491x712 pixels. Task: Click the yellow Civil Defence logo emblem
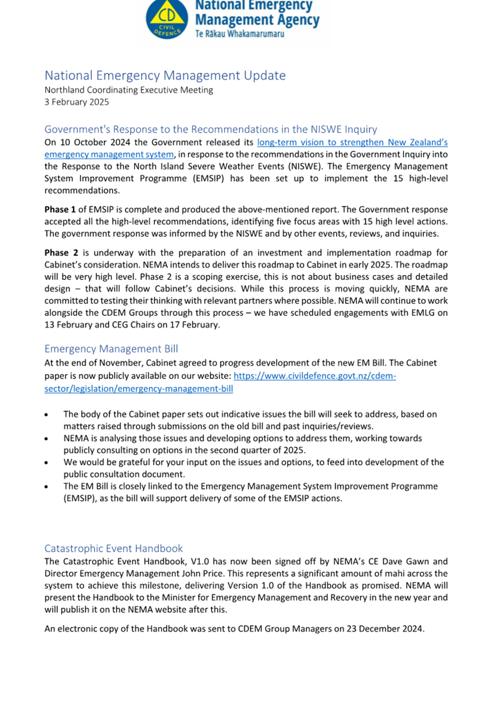tap(167, 19)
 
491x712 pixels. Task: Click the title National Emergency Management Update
tap(165, 76)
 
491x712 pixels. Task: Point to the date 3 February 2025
tap(77, 102)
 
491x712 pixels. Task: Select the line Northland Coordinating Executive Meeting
tap(128, 90)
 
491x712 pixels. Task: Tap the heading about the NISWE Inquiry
tap(211, 129)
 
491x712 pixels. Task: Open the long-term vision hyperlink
tap(352, 143)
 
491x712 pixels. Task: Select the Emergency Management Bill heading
tap(111, 349)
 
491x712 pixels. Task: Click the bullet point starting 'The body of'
tap(46, 415)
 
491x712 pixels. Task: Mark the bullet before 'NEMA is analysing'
tap(46, 439)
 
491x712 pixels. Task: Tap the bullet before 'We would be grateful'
tap(46, 463)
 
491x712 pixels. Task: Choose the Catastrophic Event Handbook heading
tap(113, 548)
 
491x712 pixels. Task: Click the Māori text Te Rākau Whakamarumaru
tap(240, 34)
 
